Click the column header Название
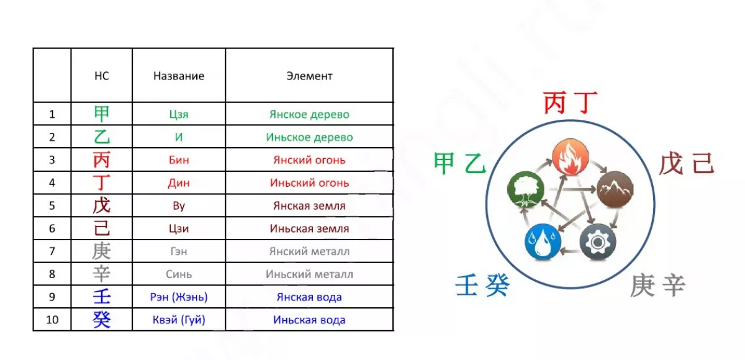[179, 76]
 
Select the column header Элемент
[309, 76]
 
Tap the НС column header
[101, 76]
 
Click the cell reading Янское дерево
[309, 114]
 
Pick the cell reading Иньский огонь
[309, 183]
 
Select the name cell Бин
[179, 160]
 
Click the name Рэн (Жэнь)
[179, 297]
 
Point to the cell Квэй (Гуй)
[179, 320]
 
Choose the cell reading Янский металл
[309, 251]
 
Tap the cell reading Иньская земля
[309, 228]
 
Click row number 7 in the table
[52, 251]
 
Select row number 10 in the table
[52, 320]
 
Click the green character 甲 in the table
[101, 114]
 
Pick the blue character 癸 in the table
[101, 320]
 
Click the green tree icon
[526, 189]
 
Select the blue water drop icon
[543, 241]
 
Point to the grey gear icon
[598, 241]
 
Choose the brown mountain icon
[615, 189]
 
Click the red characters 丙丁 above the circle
[571, 102]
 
